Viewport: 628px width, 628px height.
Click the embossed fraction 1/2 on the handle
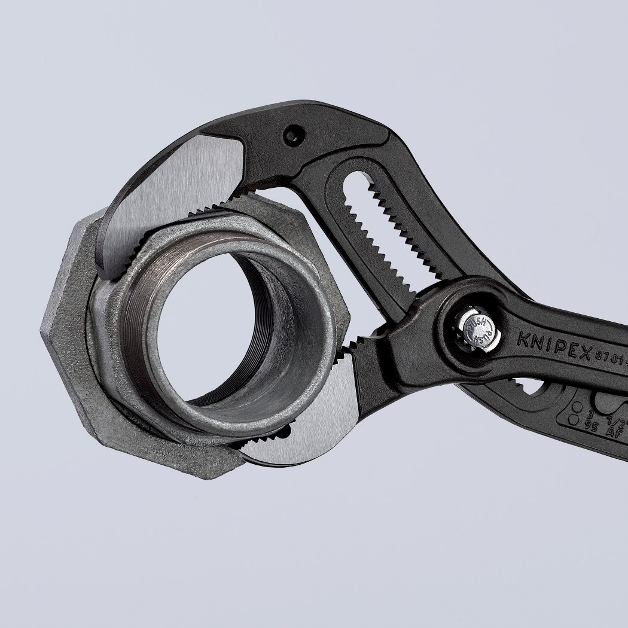click(x=616, y=413)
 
